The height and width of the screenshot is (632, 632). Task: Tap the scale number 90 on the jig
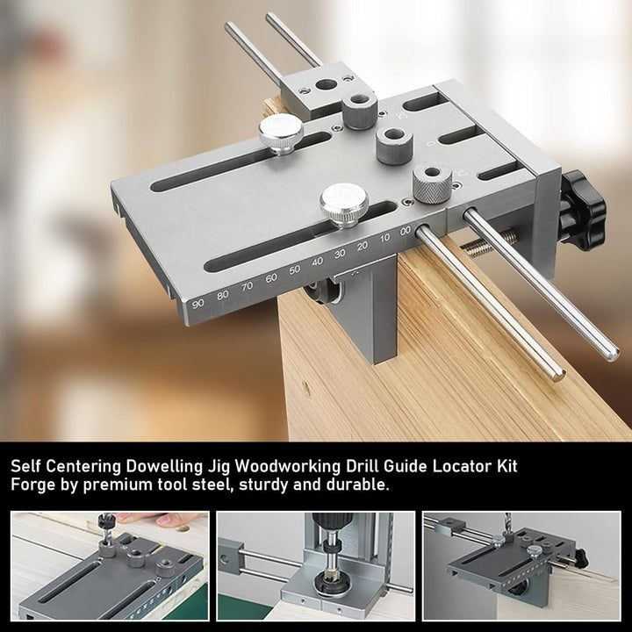(197, 303)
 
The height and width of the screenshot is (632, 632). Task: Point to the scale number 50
(295, 269)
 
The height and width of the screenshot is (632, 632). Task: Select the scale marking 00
(406, 231)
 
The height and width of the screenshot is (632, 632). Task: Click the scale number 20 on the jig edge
(362, 246)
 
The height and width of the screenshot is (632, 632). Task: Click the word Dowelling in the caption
(163, 466)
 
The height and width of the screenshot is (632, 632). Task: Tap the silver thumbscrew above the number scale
(344, 205)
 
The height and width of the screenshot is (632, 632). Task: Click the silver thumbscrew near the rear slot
(281, 133)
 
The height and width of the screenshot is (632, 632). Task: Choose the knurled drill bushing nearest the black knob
(432, 183)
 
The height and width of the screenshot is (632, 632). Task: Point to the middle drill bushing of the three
(395, 146)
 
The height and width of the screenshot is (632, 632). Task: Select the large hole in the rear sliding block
(326, 84)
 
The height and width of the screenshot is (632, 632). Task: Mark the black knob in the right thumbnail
(580, 557)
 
